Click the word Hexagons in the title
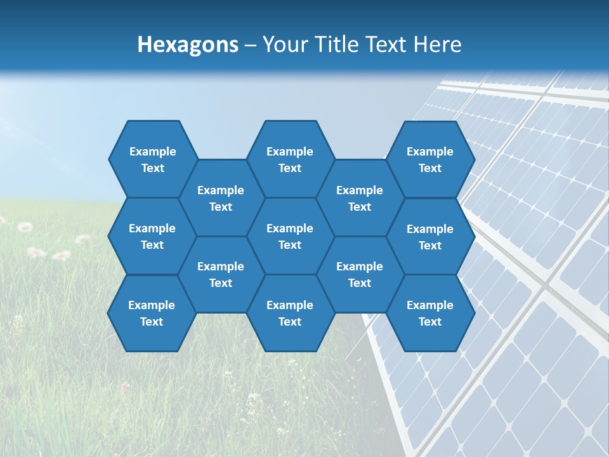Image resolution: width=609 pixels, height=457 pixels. [x=188, y=44]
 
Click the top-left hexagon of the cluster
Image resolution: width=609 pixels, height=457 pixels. [x=152, y=159]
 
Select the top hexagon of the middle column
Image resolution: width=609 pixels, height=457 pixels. [x=290, y=159]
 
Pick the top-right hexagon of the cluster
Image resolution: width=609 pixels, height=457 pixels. [x=430, y=159]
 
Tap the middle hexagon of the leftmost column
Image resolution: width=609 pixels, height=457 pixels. [x=152, y=236]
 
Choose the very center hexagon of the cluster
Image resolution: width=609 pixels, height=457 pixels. [x=290, y=236]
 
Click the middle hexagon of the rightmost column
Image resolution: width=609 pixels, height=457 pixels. [x=430, y=237]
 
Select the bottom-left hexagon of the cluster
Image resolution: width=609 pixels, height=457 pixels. [x=152, y=313]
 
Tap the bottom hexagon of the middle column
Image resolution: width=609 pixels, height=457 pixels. [x=290, y=313]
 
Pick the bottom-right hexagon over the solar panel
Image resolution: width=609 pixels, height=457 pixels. [x=430, y=313]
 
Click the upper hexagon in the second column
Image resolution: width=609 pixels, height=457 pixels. [x=221, y=198]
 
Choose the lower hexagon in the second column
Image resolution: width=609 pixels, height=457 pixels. [x=221, y=274]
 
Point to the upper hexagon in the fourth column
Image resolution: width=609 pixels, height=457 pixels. [x=360, y=198]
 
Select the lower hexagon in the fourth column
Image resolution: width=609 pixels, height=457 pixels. [x=360, y=274]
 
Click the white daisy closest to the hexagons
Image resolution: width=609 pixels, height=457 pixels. [x=82, y=239]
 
